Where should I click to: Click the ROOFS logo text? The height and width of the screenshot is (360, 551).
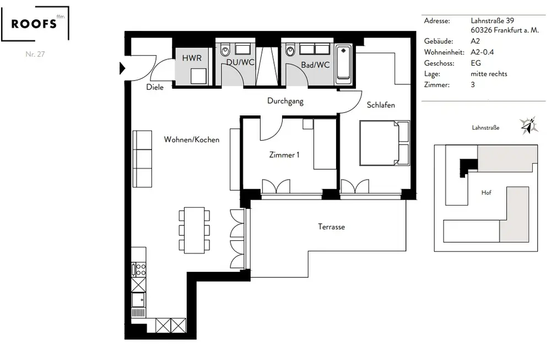click(34, 24)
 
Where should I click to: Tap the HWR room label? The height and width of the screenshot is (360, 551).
click(192, 58)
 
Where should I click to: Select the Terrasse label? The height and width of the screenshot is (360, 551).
click(331, 227)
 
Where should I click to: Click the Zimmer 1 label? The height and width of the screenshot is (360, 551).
click(284, 155)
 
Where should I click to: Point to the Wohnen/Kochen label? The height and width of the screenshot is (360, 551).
click(192, 139)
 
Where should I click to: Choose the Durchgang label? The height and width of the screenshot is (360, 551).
click(285, 101)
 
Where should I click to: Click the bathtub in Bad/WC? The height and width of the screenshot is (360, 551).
click(343, 65)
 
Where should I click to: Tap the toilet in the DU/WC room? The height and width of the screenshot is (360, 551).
click(225, 51)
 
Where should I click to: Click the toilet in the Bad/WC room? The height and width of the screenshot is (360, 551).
click(290, 51)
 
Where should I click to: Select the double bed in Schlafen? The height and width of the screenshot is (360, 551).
click(385, 143)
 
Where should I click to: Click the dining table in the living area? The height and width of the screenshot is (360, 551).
click(195, 230)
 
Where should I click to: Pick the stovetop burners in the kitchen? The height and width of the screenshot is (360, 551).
click(139, 270)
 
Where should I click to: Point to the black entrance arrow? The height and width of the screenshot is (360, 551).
click(122, 68)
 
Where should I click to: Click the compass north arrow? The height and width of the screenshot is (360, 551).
click(529, 126)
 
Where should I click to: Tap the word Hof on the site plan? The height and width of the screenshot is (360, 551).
click(487, 192)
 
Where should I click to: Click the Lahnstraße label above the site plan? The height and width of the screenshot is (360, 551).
click(485, 127)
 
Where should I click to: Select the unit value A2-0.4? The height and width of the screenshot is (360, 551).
click(482, 52)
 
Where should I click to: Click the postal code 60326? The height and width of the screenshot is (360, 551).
click(482, 30)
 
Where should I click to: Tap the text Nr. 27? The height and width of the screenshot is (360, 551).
click(35, 54)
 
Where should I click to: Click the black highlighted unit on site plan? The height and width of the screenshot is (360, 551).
click(468, 165)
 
